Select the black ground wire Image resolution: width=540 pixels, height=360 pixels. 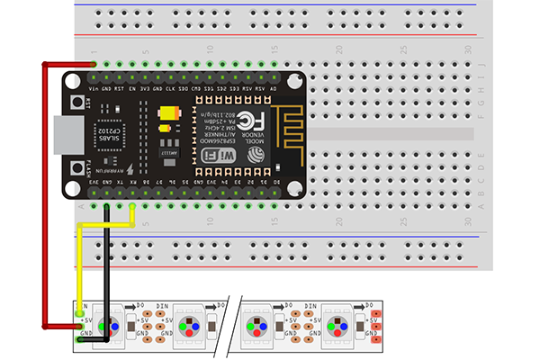(107, 270)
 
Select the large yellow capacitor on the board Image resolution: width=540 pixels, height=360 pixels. (168, 114)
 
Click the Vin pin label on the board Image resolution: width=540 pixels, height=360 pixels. (94, 89)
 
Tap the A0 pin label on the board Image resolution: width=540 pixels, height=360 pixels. (273, 89)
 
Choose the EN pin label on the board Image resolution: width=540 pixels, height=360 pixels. (132, 89)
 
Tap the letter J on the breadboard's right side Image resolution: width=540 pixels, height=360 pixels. (487, 65)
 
